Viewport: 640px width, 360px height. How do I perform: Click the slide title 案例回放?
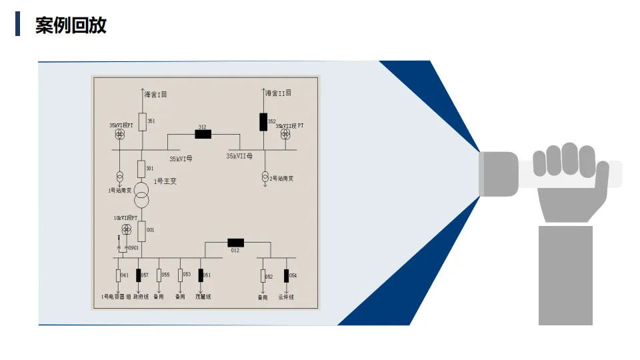click(71, 25)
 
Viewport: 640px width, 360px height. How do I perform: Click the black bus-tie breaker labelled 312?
click(203, 134)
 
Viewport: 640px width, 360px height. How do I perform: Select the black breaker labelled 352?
click(263, 122)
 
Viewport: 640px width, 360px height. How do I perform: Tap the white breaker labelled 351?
click(142, 121)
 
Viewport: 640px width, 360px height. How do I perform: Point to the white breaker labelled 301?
click(141, 169)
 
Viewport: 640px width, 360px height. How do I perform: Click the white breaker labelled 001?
click(141, 231)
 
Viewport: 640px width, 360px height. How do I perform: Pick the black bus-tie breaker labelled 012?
click(235, 242)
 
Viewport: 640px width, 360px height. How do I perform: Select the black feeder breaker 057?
click(139, 275)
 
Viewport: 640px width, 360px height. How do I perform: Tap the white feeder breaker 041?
click(118, 275)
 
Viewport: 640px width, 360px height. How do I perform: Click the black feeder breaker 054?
click(287, 275)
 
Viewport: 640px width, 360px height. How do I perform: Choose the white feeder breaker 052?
click(263, 275)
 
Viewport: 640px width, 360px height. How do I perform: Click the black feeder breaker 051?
click(201, 275)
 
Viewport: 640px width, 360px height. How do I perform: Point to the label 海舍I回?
click(155, 95)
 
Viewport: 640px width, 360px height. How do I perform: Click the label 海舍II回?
click(279, 93)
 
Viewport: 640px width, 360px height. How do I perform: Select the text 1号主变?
click(165, 181)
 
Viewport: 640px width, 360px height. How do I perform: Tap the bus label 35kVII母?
click(239, 156)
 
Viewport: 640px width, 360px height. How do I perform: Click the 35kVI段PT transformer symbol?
click(121, 135)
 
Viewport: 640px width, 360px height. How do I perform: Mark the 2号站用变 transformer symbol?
click(265, 178)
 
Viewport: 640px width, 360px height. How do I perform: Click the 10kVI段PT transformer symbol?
click(126, 229)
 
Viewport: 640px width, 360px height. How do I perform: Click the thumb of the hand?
click(599, 180)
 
